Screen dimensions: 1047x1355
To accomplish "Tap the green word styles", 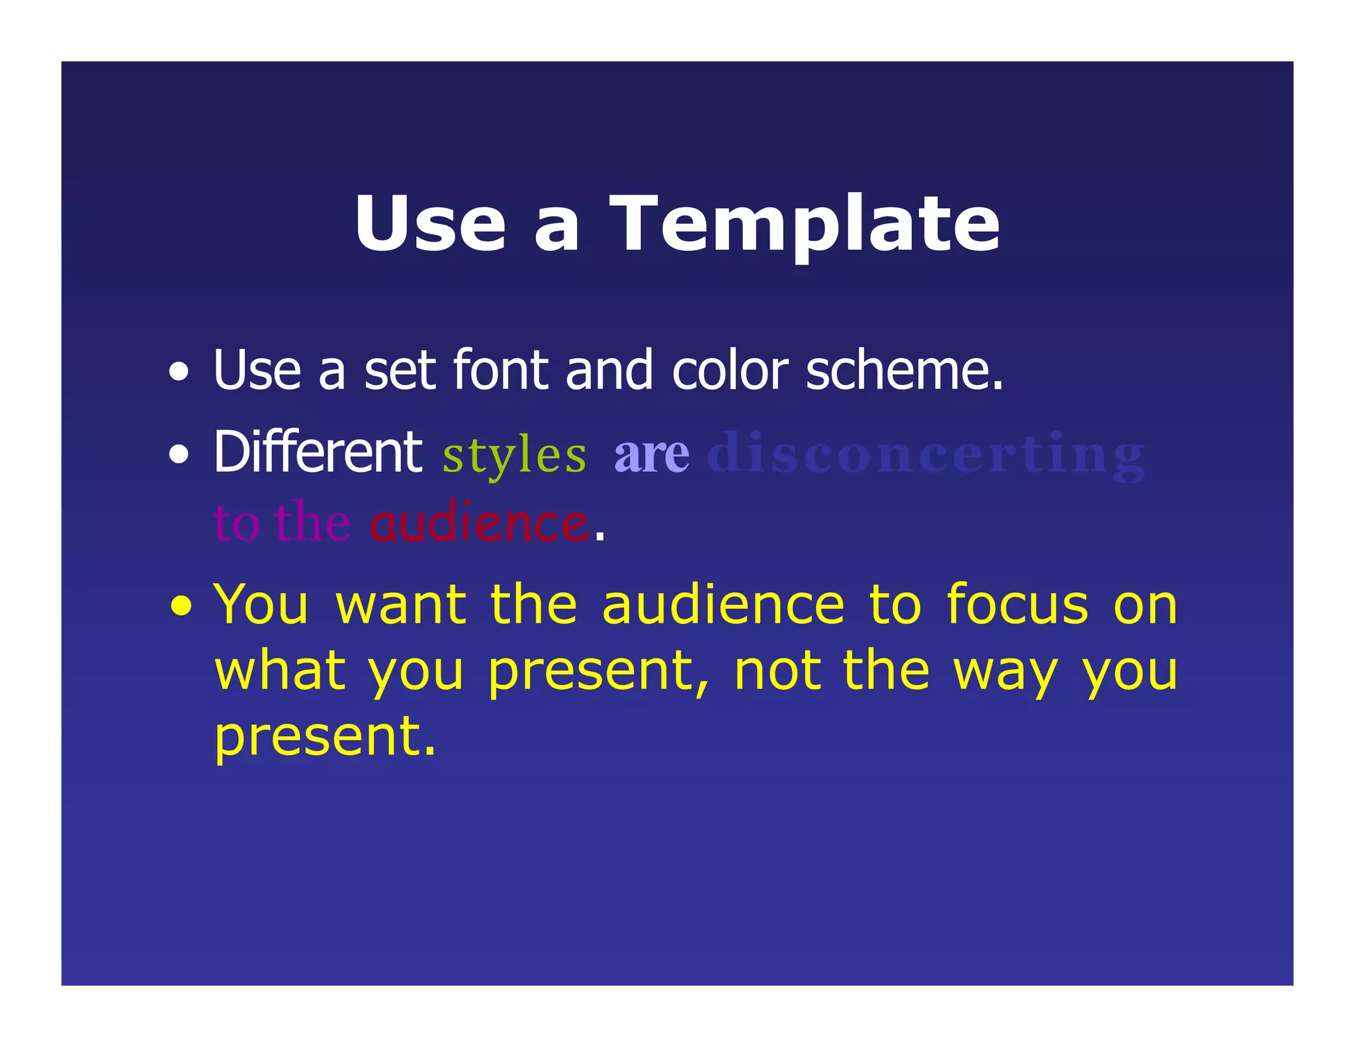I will coord(514,455).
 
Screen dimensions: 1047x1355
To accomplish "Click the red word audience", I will coord(479,523).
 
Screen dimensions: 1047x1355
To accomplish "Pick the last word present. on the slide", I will coord(324,736).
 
